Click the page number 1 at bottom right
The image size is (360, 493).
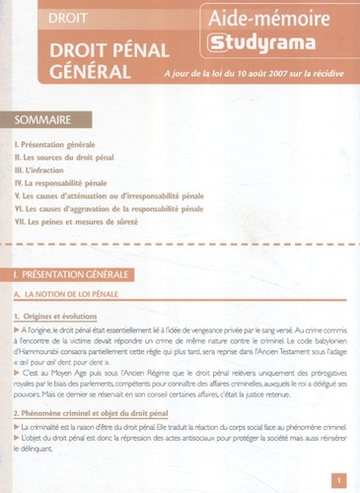338,481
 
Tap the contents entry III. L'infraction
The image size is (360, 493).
43,170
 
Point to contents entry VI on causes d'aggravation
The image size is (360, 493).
109,208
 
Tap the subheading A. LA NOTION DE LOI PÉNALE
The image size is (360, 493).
79,294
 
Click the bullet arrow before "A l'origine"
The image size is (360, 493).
18,329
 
